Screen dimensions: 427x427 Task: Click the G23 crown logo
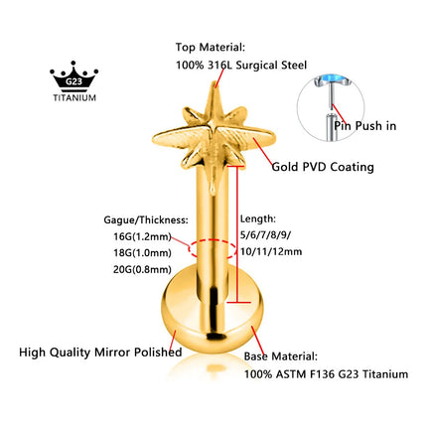click(74, 76)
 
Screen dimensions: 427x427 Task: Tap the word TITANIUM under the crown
click(74, 97)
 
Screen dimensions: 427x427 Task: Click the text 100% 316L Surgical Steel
click(241, 65)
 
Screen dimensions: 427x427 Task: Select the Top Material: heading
click(211, 47)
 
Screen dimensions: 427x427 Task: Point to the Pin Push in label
click(365, 126)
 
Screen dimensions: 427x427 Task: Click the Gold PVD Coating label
click(323, 167)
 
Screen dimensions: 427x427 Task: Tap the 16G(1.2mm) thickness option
click(142, 236)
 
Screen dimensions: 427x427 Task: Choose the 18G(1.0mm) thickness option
click(142, 253)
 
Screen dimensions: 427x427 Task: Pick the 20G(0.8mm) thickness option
click(142, 269)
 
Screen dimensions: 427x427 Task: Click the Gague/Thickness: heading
click(146, 220)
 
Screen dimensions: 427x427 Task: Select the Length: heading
click(258, 218)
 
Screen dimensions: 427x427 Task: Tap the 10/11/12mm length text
click(271, 251)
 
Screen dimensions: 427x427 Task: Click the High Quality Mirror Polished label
click(100, 352)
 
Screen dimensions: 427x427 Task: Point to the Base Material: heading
click(281, 356)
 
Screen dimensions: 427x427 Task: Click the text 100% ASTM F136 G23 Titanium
click(326, 374)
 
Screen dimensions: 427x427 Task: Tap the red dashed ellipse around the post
click(213, 240)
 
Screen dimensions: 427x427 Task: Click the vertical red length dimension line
click(237, 233)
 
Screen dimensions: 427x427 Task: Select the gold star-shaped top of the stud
click(213, 129)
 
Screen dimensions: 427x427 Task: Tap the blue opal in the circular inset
click(331, 79)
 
